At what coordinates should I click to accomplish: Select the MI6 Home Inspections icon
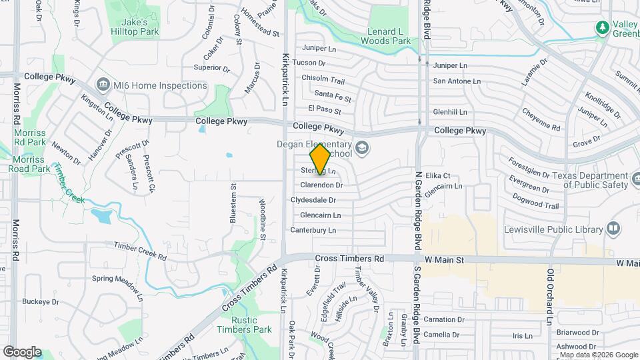coord(103,85)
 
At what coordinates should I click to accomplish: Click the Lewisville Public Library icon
coord(613,228)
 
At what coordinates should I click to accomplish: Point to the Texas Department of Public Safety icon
coord(620,180)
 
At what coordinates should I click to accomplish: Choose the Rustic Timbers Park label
coord(244,325)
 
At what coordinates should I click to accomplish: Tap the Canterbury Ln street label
coord(313,230)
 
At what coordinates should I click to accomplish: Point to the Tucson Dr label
coord(309,63)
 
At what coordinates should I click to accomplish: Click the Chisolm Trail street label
coord(323,79)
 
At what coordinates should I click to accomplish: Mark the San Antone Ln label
coord(457,81)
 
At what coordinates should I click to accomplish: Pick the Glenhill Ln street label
coord(450,112)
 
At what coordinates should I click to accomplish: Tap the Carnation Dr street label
coord(443,320)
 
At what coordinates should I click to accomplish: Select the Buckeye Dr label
coord(41,301)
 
